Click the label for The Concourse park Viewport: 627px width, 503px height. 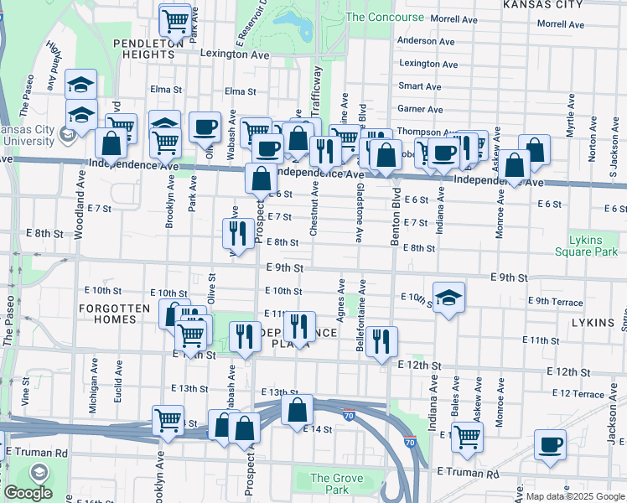[385, 17]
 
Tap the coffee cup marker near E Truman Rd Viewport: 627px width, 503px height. [550, 445]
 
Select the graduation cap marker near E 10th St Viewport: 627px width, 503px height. [448, 298]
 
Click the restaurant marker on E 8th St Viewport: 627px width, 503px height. [238, 234]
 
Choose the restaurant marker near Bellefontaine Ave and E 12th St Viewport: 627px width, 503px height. [381, 341]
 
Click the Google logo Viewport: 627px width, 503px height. [27, 493]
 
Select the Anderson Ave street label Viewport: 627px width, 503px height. [429, 40]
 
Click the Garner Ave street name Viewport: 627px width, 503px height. [420, 109]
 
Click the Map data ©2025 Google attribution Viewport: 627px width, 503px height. [574, 496]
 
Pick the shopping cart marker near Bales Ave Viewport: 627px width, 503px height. [467, 435]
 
